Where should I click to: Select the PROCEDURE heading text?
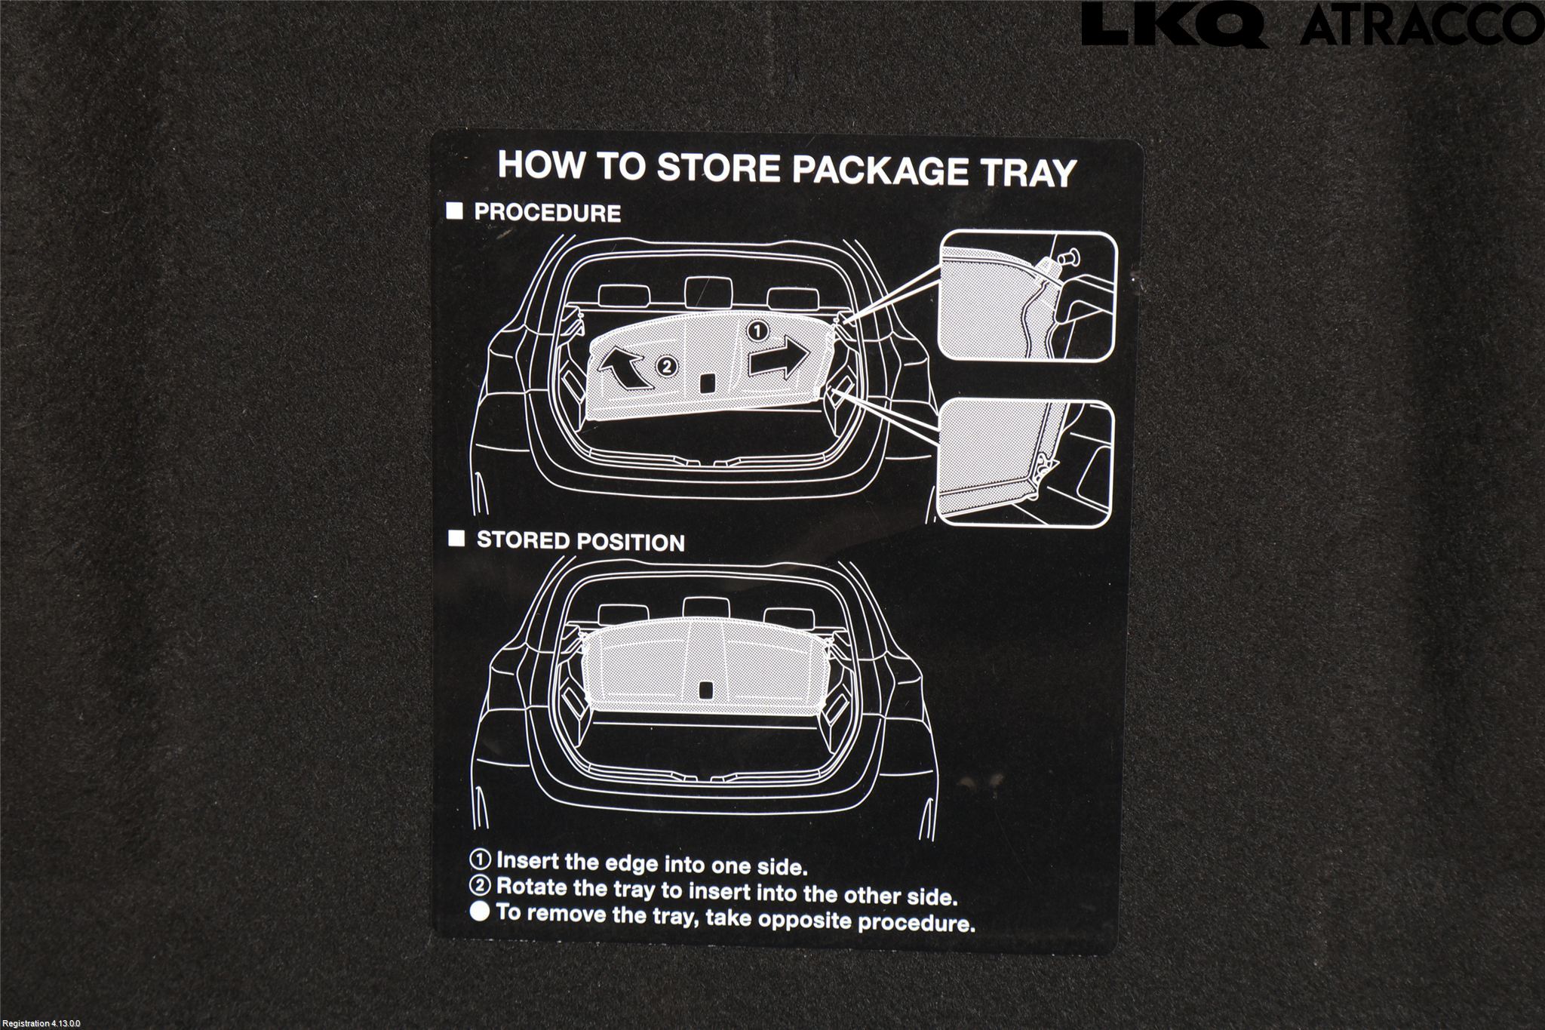547,213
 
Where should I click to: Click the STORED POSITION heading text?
581,542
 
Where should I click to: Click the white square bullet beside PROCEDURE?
454,211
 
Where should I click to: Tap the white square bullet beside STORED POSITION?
456,538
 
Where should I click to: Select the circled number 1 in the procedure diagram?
757,331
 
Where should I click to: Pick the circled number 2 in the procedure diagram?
665,367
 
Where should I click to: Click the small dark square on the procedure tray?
708,383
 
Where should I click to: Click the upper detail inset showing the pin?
1025,296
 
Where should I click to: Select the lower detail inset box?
1024,462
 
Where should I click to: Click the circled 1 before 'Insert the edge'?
481,859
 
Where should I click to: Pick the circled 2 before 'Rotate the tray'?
481,886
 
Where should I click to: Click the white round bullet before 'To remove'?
481,912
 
